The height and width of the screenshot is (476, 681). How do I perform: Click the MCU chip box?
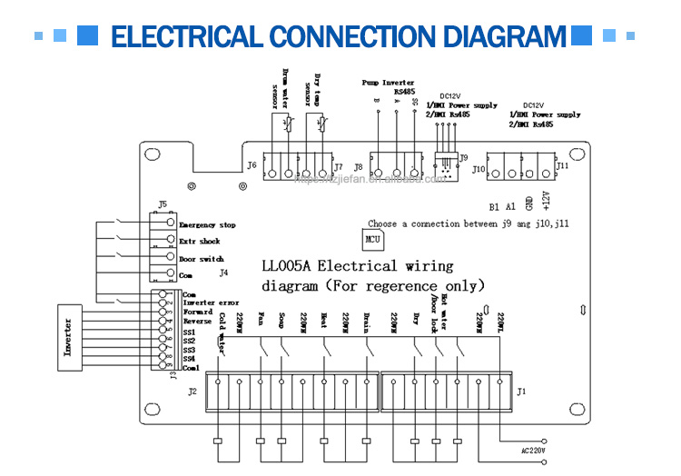371,240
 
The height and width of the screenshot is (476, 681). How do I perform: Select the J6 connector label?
251,165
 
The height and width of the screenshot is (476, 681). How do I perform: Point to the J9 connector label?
464,157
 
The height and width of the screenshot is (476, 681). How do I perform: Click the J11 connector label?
563,166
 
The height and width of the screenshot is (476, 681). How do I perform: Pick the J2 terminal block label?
192,392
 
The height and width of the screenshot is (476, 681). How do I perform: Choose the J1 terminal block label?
520,392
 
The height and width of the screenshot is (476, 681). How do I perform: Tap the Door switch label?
201,259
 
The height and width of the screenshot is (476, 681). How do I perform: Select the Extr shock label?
199,242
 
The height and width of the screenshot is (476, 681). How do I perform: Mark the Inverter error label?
211,302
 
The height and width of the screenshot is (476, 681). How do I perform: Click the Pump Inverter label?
388,83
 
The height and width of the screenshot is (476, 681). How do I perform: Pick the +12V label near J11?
546,200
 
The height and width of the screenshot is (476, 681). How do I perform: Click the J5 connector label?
163,204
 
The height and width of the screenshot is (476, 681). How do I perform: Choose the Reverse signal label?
197,322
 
